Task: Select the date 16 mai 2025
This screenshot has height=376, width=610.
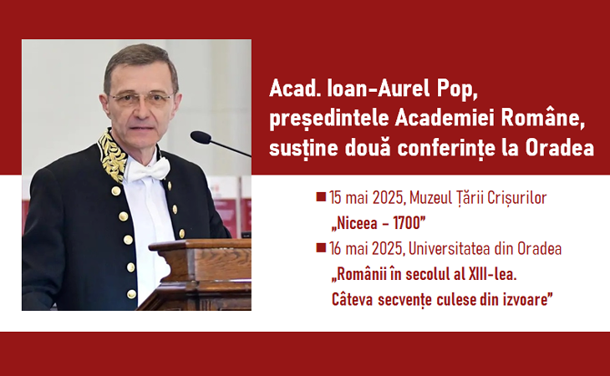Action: click(366, 248)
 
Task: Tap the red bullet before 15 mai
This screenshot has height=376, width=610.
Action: click(321, 196)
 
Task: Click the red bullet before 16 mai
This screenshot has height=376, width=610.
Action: click(321, 247)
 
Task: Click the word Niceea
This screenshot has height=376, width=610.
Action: click(356, 223)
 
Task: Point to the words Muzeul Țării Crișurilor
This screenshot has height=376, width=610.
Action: click(478, 198)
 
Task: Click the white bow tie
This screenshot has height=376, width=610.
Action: click(149, 170)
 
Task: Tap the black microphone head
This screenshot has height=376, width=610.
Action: click(201, 137)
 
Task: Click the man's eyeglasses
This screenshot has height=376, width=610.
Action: click(141, 99)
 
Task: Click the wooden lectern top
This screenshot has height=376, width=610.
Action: click(200, 245)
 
